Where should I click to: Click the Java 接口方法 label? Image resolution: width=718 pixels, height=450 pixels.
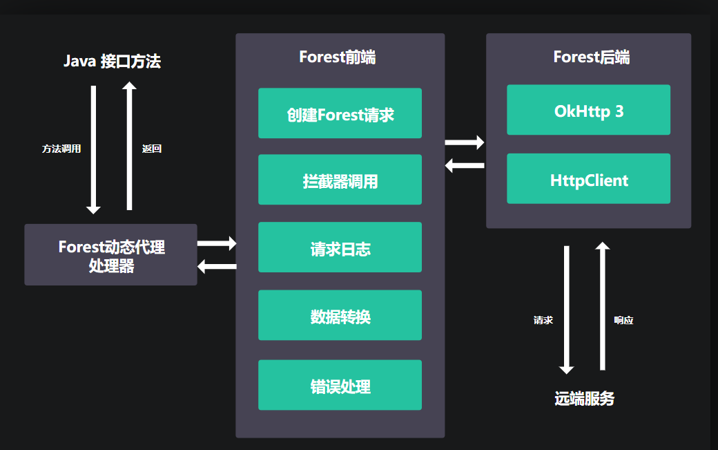[x=112, y=61]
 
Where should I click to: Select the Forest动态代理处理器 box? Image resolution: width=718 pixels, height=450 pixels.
[x=111, y=255]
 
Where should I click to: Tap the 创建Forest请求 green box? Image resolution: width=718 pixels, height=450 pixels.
[x=340, y=113]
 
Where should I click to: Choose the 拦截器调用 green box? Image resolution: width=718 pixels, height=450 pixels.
[x=340, y=180]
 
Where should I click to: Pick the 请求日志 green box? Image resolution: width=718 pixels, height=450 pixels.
[x=340, y=247]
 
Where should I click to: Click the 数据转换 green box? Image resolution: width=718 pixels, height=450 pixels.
[x=340, y=315]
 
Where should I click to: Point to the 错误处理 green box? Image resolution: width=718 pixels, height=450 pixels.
[x=340, y=385]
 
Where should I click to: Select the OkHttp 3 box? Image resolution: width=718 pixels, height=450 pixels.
[x=588, y=110]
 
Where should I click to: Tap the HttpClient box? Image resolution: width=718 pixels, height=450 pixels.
[x=588, y=179]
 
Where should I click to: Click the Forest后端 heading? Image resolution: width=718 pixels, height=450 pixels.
[x=591, y=57]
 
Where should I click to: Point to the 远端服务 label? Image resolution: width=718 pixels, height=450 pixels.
[x=584, y=399]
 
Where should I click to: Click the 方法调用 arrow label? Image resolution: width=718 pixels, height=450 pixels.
[x=61, y=149]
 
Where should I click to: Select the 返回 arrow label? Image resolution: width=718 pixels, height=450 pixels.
[x=151, y=149]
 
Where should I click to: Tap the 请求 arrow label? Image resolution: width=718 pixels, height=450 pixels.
[x=543, y=321]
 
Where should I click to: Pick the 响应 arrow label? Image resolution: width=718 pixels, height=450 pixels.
[x=623, y=321]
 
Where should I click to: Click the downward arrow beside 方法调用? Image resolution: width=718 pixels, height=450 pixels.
[x=94, y=149]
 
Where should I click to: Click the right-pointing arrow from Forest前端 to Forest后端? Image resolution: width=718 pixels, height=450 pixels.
[x=465, y=142]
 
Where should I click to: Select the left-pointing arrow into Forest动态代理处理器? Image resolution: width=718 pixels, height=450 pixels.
[x=217, y=267]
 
